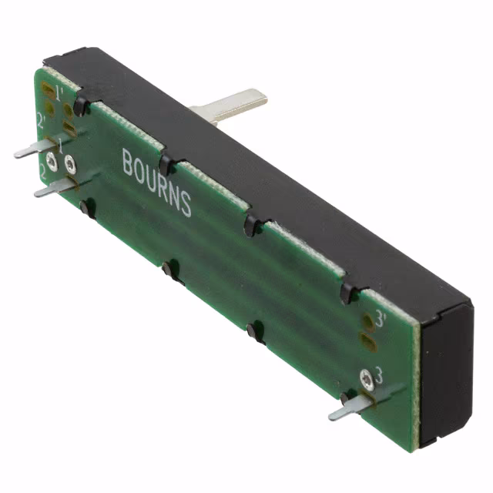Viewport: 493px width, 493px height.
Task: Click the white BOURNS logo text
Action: (x=156, y=182)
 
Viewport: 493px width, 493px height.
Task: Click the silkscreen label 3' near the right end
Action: (x=380, y=317)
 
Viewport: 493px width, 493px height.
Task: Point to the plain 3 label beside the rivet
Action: (x=378, y=371)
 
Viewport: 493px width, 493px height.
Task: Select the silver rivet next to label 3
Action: (x=366, y=378)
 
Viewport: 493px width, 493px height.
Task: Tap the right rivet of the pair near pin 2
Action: (x=70, y=163)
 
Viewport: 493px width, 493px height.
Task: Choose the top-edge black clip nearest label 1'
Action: (x=80, y=106)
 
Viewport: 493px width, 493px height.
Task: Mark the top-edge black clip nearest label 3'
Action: (x=349, y=292)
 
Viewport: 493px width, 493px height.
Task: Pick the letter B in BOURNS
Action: (x=128, y=163)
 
